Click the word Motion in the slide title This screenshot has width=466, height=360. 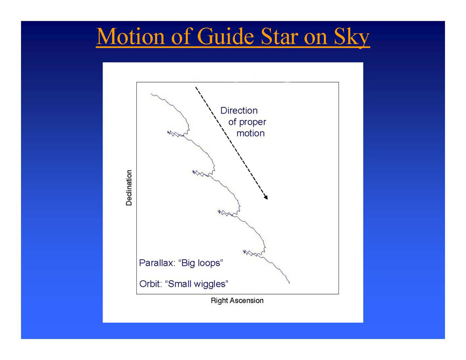click(130, 36)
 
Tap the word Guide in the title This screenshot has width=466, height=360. click(225, 36)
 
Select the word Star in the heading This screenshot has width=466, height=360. click(280, 36)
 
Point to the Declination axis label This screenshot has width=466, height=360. click(129, 188)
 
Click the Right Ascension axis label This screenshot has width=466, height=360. click(237, 301)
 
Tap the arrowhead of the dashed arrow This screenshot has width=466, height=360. click(266, 197)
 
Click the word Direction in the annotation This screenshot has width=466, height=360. click(239, 111)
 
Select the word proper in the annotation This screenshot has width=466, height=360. click(253, 122)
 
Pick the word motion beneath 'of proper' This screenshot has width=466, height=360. click(250, 133)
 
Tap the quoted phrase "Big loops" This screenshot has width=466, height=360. click(200, 263)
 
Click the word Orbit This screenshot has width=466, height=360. click(151, 284)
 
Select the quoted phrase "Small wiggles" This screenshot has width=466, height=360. click(196, 284)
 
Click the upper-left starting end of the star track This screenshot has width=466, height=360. click(151, 94)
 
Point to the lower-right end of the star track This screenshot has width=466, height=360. click(289, 283)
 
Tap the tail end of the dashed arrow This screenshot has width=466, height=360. click(196, 87)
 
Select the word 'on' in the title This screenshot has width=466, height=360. click(316, 38)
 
